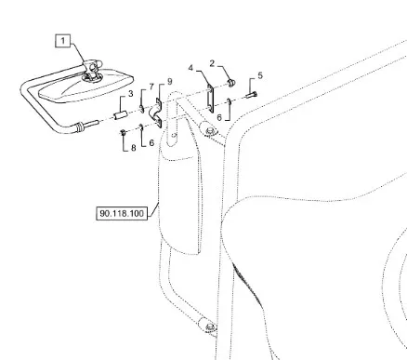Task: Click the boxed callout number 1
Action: pos(63,41)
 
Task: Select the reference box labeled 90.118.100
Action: pos(122,214)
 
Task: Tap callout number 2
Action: pos(212,63)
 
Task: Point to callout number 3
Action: pos(131,93)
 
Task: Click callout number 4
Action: pos(190,68)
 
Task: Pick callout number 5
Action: pos(260,75)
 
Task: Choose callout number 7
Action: pos(151,87)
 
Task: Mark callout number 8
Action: pos(134,148)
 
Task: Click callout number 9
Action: pos(170,82)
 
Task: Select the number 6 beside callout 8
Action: pos(151,142)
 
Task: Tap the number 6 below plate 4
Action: pos(219,117)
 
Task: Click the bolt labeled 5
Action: pos(251,95)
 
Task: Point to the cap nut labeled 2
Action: pos(231,83)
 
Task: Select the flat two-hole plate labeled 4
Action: pos(210,99)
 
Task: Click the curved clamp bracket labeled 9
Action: pos(156,113)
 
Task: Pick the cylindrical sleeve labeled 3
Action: pos(120,116)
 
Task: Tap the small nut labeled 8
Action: pos(123,133)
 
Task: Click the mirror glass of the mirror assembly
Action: pos(85,87)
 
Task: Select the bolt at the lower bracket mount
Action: pos(210,327)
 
